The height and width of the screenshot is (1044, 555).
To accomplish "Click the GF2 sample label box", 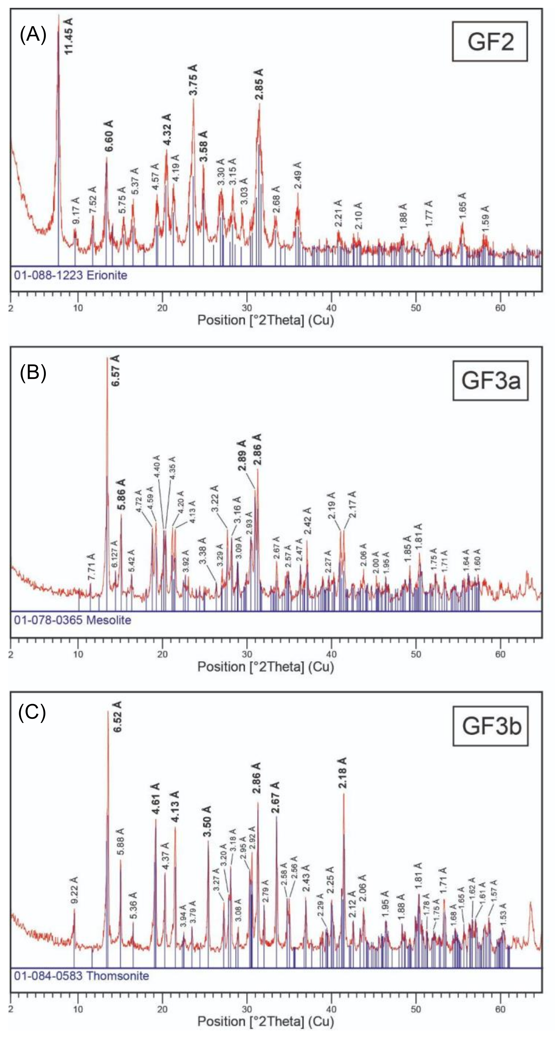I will [490, 41].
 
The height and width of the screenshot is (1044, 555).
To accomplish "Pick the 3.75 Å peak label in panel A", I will [193, 80].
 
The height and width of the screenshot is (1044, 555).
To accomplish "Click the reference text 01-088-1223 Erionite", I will [71, 276].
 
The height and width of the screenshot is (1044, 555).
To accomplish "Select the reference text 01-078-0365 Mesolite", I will [72, 620].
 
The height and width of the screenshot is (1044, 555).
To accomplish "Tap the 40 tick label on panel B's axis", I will [331, 654].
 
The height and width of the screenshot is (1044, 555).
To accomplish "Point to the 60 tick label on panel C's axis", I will [500, 1009].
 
